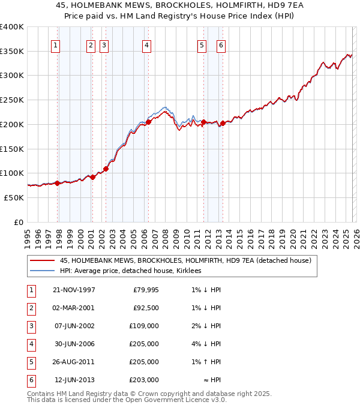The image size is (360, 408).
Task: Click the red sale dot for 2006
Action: tap(148, 122)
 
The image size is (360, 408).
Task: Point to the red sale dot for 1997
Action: tap(58, 183)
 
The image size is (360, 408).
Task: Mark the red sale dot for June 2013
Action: tap(223, 123)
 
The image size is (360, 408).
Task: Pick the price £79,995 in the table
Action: tap(144, 290)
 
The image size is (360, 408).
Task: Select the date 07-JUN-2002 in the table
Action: tap(74, 326)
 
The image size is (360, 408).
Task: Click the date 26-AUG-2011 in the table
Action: tap(74, 362)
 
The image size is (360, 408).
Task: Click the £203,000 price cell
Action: tap(144, 380)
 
